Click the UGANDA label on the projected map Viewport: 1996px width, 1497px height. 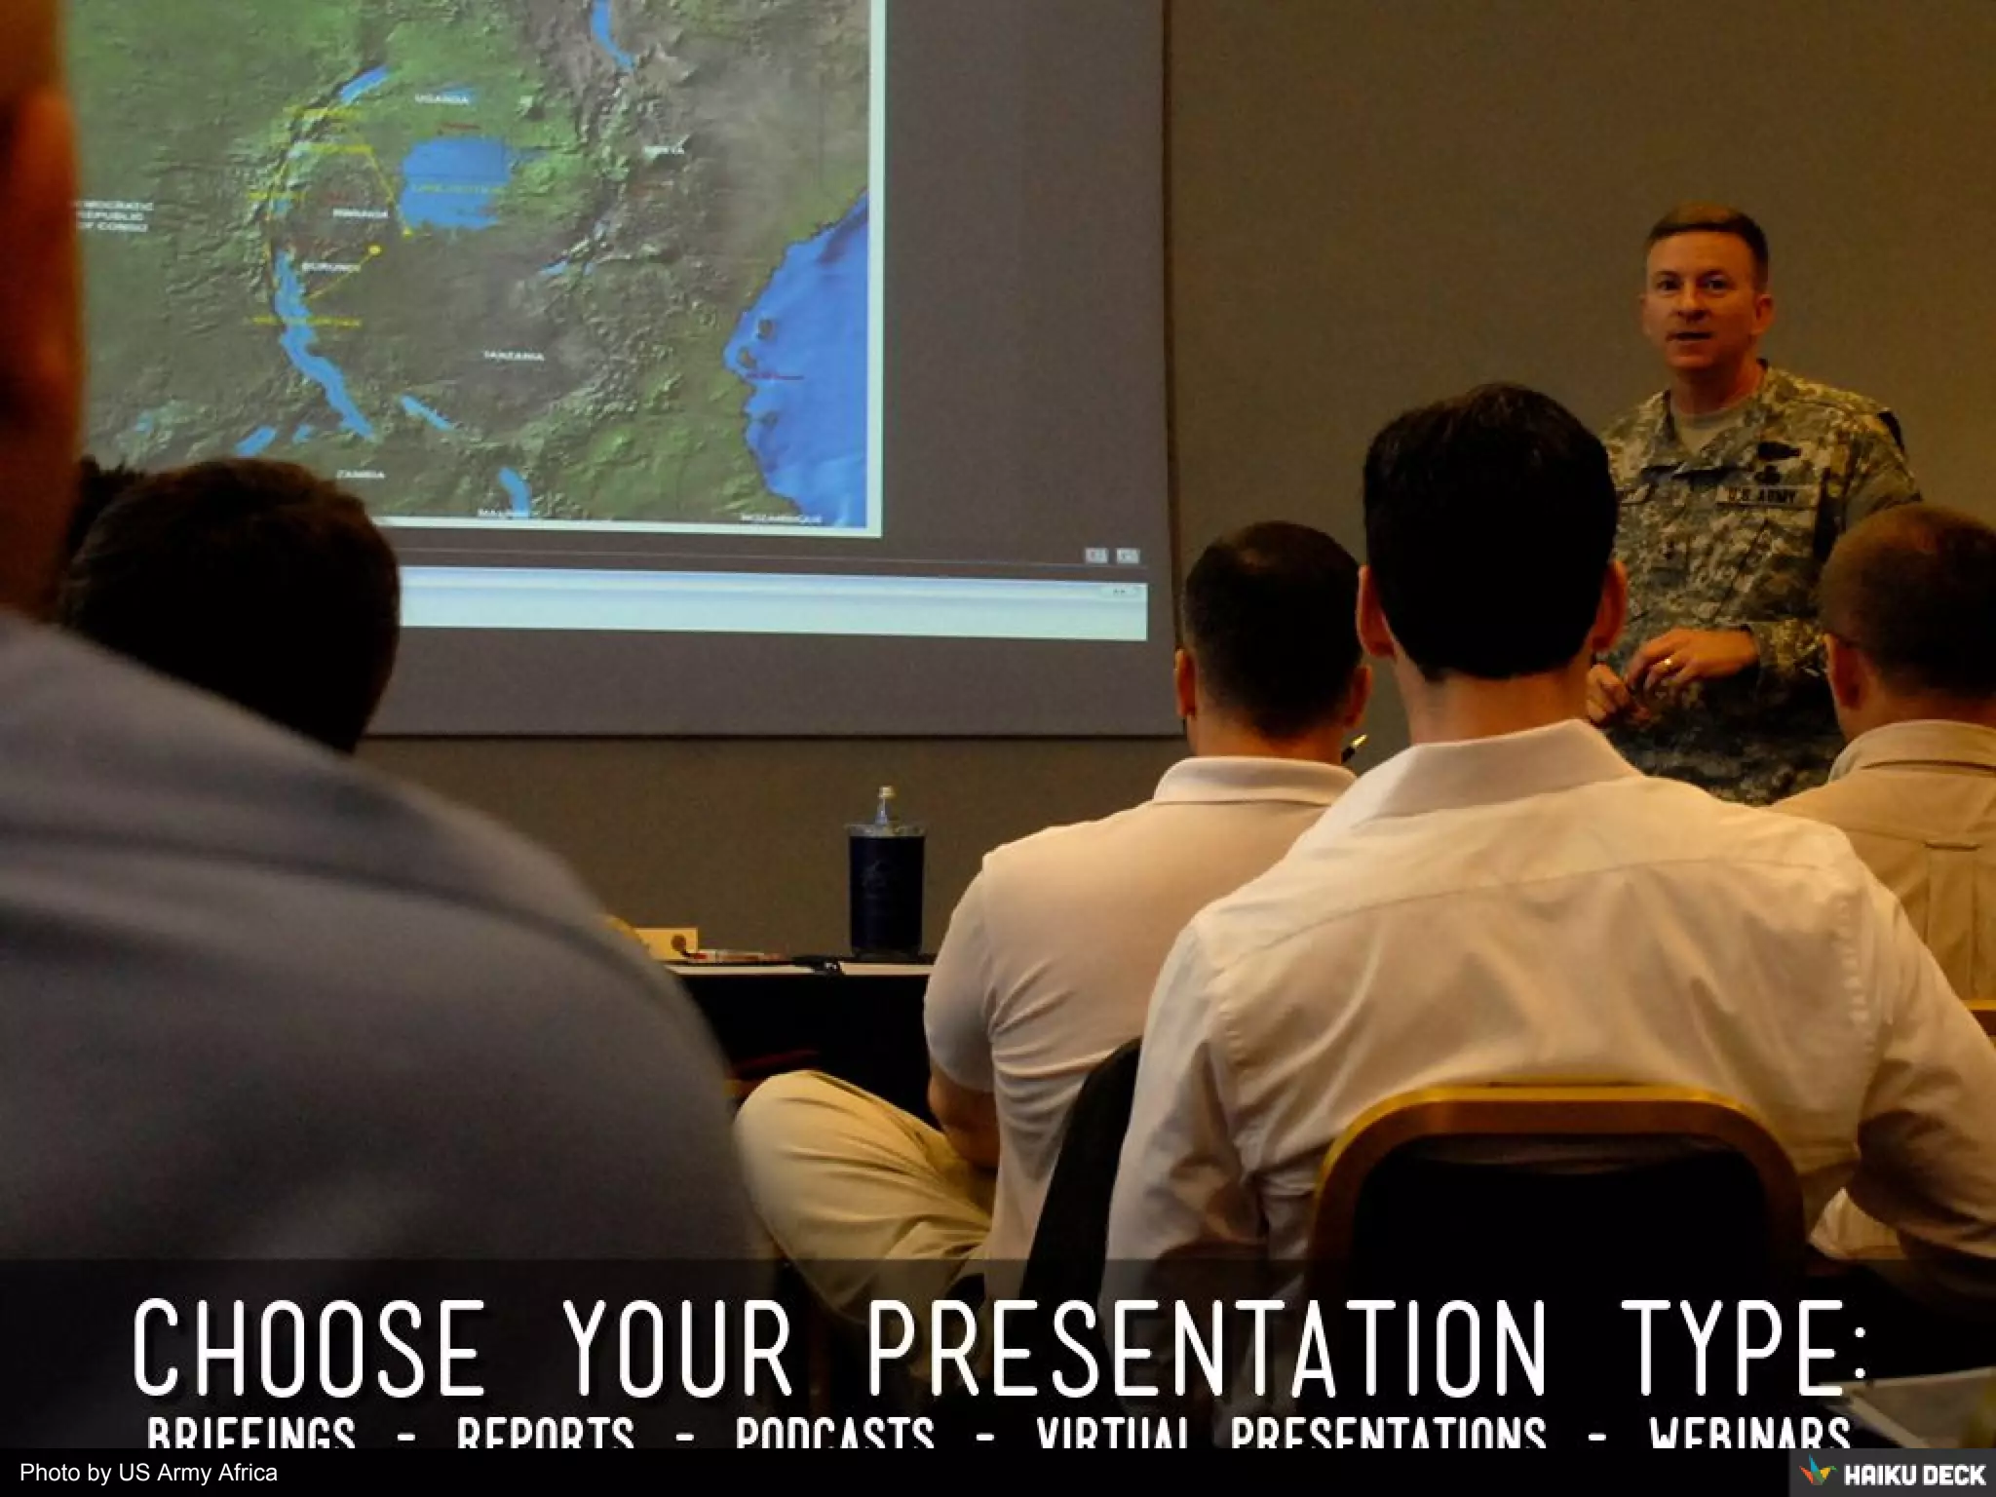point(441,99)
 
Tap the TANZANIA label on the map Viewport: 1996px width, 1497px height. point(515,357)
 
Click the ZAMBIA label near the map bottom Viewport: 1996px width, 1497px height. point(360,475)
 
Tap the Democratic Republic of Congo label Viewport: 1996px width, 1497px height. point(111,216)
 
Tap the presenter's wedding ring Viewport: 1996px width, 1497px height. point(1670,665)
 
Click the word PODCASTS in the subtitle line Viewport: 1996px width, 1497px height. point(834,1435)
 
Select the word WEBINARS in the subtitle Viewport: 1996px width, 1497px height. point(1748,1435)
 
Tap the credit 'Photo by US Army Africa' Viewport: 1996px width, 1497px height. point(148,1474)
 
